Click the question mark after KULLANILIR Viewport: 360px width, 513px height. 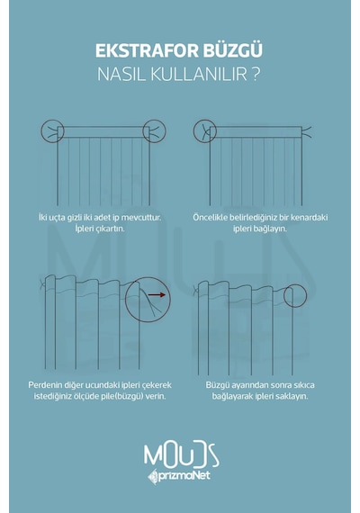pos(256,75)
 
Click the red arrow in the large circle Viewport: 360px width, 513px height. pos(157,295)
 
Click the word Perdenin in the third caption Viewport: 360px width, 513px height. pos(43,385)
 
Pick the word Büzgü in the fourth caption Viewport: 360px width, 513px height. pos(217,385)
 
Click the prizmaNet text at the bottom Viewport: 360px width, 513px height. pos(184,475)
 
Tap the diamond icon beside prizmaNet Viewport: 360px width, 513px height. pos(152,477)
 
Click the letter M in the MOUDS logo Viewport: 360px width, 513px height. pos(152,456)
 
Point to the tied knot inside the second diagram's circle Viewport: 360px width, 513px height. pos(206,131)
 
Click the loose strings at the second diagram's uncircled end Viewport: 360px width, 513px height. pos(306,132)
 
